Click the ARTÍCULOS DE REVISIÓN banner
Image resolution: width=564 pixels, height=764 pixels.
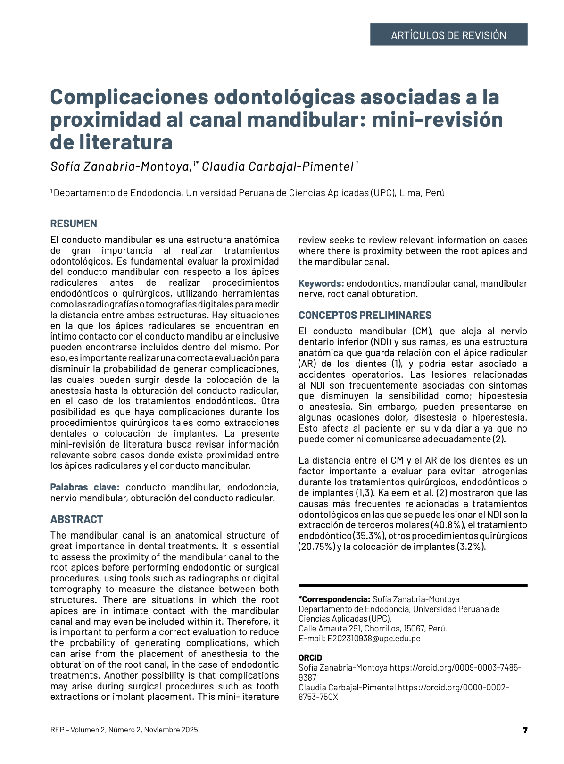[448, 35]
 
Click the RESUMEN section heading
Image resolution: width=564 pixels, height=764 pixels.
[74, 224]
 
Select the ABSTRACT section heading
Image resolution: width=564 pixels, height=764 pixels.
[76, 519]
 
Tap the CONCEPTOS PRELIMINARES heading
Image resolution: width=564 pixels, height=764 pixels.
[365, 315]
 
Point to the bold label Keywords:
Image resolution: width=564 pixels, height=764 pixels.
[321, 283]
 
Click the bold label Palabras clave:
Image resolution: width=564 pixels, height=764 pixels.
[85, 487]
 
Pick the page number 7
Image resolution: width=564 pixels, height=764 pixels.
[525, 730]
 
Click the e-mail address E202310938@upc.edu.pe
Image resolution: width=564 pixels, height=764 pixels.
[373, 639]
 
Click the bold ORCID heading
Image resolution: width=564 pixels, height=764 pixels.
[310, 657]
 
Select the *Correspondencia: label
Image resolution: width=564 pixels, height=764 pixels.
[334, 599]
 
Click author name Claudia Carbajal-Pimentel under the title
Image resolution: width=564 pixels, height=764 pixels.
[277, 166]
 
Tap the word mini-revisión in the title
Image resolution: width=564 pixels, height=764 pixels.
[437, 120]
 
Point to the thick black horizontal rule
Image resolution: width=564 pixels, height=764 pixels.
[413, 586]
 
